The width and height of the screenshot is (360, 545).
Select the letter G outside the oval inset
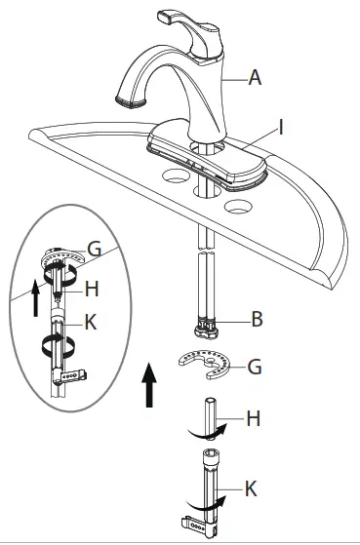point(255,368)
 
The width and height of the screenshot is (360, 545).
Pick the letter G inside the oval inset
point(94,249)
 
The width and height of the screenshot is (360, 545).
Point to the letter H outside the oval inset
point(254,419)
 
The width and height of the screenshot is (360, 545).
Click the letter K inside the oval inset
point(91,320)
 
